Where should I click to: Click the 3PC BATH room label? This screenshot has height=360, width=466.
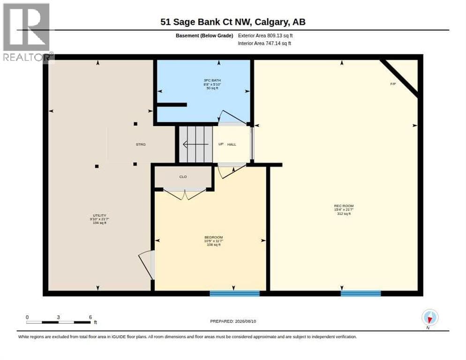tap(212, 80)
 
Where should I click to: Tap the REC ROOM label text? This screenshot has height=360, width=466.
tap(344, 206)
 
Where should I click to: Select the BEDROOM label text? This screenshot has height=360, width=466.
tap(214, 237)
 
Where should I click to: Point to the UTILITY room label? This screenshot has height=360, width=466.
tap(99, 215)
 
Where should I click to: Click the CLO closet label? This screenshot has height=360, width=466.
tap(183, 177)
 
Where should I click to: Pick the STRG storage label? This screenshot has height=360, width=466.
tap(141, 144)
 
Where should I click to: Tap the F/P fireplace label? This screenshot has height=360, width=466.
tap(393, 84)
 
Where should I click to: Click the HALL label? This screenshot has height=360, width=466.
tap(232, 144)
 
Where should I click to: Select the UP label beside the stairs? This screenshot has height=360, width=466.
tap(221, 144)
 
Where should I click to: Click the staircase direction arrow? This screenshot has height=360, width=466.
tap(195, 144)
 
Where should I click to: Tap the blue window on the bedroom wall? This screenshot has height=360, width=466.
tap(235, 293)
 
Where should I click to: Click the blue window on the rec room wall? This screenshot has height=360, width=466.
tap(361, 293)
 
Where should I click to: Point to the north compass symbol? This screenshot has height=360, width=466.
tap(430, 318)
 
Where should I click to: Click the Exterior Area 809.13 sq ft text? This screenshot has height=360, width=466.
tap(265, 36)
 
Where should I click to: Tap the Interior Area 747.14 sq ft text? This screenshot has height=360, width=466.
tap(264, 44)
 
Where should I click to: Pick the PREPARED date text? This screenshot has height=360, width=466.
tap(233, 322)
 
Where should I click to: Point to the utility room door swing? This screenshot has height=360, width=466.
tap(146, 265)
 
